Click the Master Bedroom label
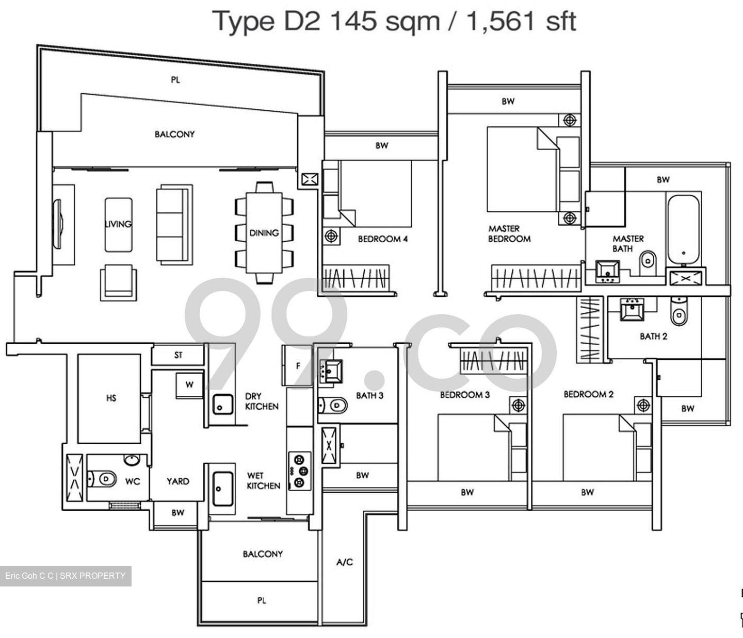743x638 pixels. pos(509,234)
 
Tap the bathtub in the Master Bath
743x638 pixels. pos(683,229)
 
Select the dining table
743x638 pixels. pos(264,232)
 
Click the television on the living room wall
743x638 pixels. pos(57,224)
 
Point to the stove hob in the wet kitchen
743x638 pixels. pos(299,472)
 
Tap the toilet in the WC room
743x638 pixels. pos(102,479)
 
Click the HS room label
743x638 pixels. pos(111,398)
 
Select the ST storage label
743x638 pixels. pos(179,355)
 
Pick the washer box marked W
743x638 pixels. pos(189,385)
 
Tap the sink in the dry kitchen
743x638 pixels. pos(223,404)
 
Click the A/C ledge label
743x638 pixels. pos(344,562)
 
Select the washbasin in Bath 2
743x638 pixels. pos(632,309)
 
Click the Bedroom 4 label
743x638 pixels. pos(382,239)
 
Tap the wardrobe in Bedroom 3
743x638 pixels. pos(494,361)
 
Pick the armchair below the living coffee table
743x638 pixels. pos(118,283)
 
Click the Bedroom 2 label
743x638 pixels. pos(588,394)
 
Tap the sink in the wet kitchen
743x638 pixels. pos(223,489)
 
